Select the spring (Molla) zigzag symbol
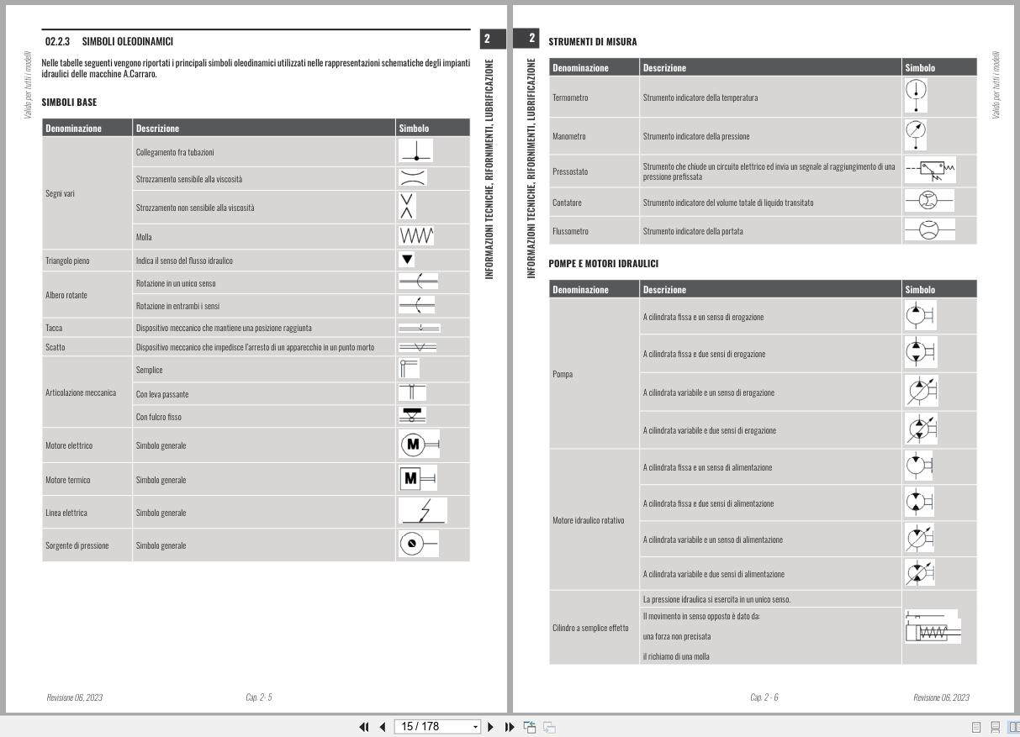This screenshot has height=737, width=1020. (417, 236)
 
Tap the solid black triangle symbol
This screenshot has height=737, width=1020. (407, 260)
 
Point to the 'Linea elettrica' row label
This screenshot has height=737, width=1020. (66, 513)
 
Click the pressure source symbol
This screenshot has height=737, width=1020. (418, 545)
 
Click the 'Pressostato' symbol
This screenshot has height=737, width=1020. (931, 171)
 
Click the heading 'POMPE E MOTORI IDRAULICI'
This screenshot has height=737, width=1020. (603, 264)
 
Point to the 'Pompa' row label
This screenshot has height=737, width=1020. (563, 373)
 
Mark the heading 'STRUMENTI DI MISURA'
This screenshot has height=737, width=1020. (592, 41)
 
